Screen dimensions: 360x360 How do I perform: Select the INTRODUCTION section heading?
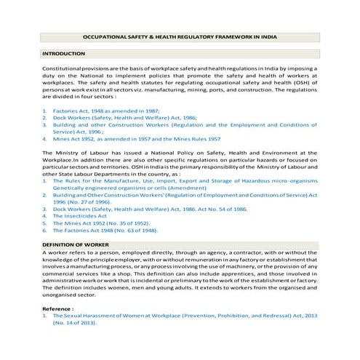coord(64,54)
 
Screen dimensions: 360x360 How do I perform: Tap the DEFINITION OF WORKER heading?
coord(76,245)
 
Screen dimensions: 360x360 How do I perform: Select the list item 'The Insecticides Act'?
coord(81,215)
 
